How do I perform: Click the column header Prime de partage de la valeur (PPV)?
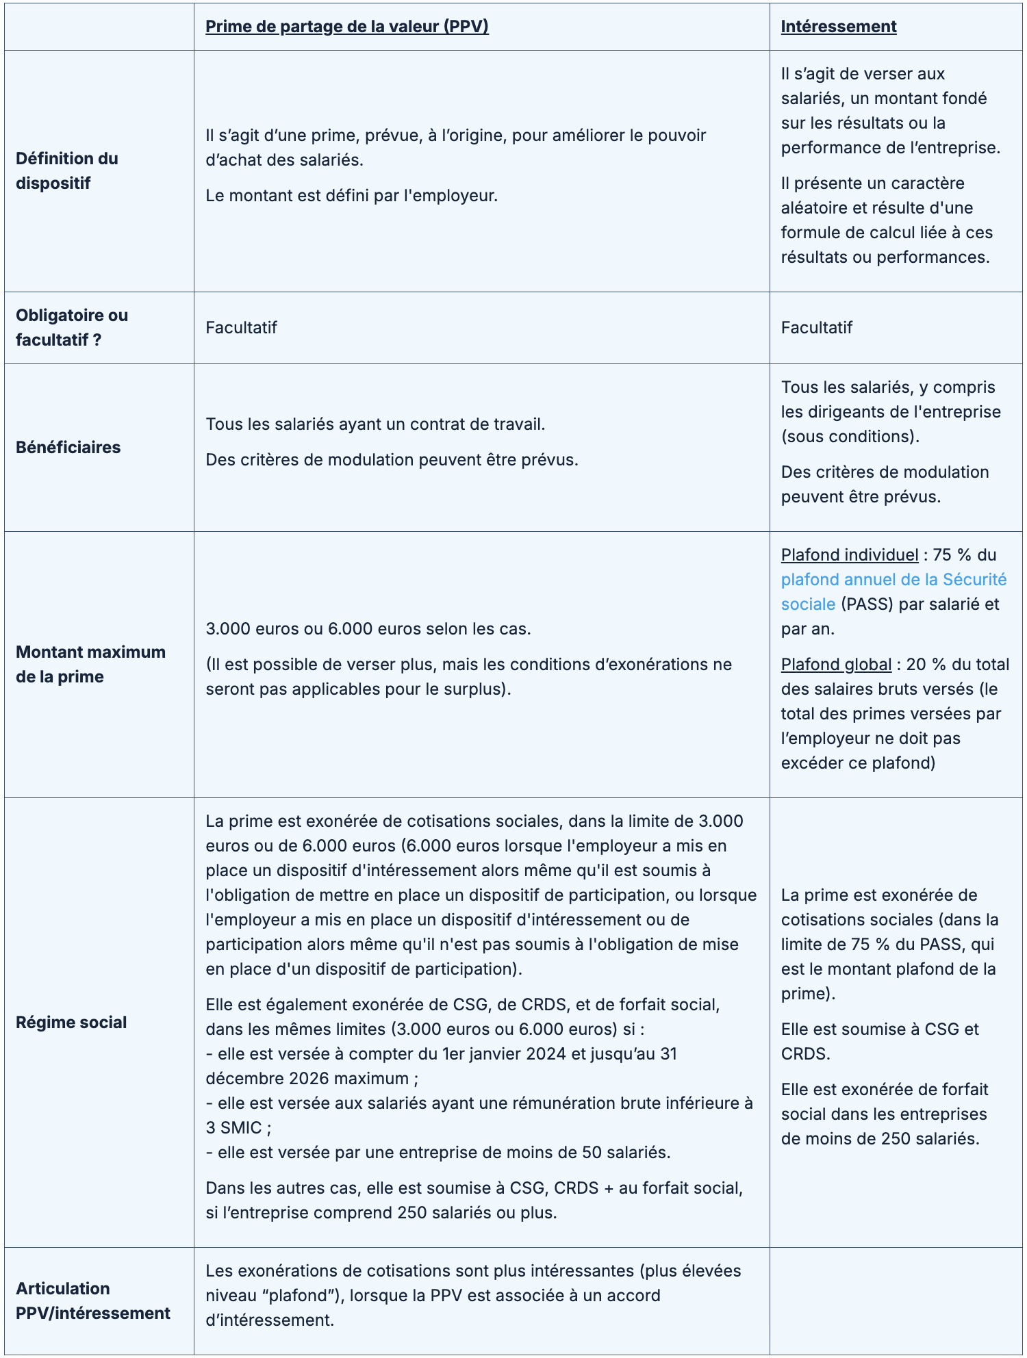pyautogui.click(x=346, y=27)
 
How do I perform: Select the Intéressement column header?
pyautogui.click(x=838, y=27)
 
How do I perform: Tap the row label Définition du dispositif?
pyautogui.click(x=67, y=171)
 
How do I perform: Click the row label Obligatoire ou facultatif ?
pyautogui.click(x=72, y=328)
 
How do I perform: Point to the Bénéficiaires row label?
pyautogui.click(x=68, y=448)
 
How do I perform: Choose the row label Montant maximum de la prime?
pyautogui.click(x=90, y=665)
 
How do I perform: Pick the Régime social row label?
pyautogui.click(x=71, y=1023)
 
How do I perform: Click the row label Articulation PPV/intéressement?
pyautogui.click(x=93, y=1301)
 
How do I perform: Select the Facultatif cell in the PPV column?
pyautogui.click(x=241, y=328)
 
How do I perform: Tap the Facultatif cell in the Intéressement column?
pyautogui.click(x=816, y=328)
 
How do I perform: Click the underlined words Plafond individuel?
pyautogui.click(x=849, y=555)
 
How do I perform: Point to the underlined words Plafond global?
pyautogui.click(x=836, y=665)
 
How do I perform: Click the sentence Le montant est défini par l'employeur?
pyautogui.click(x=351, y=196)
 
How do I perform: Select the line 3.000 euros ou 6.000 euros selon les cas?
pyautogui.click(x=368, y=629)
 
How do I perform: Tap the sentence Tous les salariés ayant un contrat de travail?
pyautogui.click(x=375, y=424)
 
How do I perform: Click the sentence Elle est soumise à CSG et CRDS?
pyautogui.click(x=880, y=1042)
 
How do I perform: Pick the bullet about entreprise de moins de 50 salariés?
pyautogui.click(x=438, y=1153)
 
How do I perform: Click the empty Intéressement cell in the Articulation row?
pyautogui.click(x=896, y=1301)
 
